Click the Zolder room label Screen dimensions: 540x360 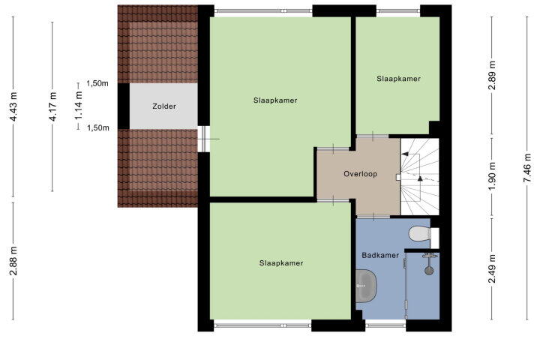pos(164,106)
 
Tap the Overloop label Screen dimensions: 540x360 pos(361,174)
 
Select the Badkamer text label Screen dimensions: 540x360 pos(380,255)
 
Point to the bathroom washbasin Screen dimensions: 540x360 pos(366,286)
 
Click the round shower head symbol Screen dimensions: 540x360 pos(429,271)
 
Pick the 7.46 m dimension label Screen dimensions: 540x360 pos(527,169)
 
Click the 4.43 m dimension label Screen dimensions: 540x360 pos(13,106)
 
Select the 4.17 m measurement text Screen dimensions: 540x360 pos(52,106)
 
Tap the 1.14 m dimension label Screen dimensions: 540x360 pos(79,106)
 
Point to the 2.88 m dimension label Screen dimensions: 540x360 pos(13,262)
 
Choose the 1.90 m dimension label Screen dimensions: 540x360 pos(492,176)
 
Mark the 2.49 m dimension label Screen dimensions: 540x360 pos(492,268)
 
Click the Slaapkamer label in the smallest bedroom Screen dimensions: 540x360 pos(398,79)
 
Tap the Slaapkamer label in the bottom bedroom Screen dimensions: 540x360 pos(281,263)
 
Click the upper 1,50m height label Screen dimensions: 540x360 pos(97,83)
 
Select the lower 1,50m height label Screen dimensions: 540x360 pos(97,128)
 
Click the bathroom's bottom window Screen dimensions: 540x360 pos(385,325)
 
